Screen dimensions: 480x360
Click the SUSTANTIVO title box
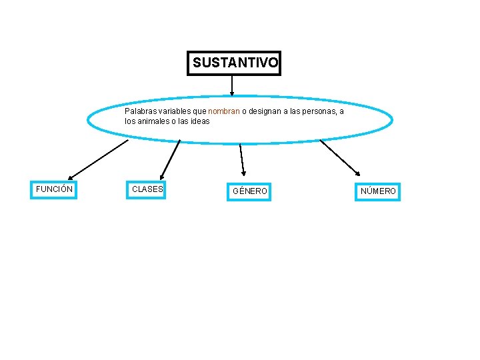pyautogui.click(x=234, y=63)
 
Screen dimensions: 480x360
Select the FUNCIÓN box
pyautogui.click(x=54, y=189)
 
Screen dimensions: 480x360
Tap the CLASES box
pyautogui.click(x=147, y=189)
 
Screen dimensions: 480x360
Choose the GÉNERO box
pyautogui.click(x=249, y=191)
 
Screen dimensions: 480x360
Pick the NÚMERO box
pyautogui.click(x=378, y=191)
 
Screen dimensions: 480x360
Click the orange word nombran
pyautogui.click(x=223, y=111)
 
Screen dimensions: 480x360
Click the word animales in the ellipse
pyautogui.click(x=153, y=121)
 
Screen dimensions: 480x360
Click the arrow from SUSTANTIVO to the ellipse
pyautogui.click(x=231, y=85)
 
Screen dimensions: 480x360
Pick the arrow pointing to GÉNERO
pyautogui.click(x=242, y=160)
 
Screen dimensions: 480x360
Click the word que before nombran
pyautogui.click(x=200, y=111)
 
